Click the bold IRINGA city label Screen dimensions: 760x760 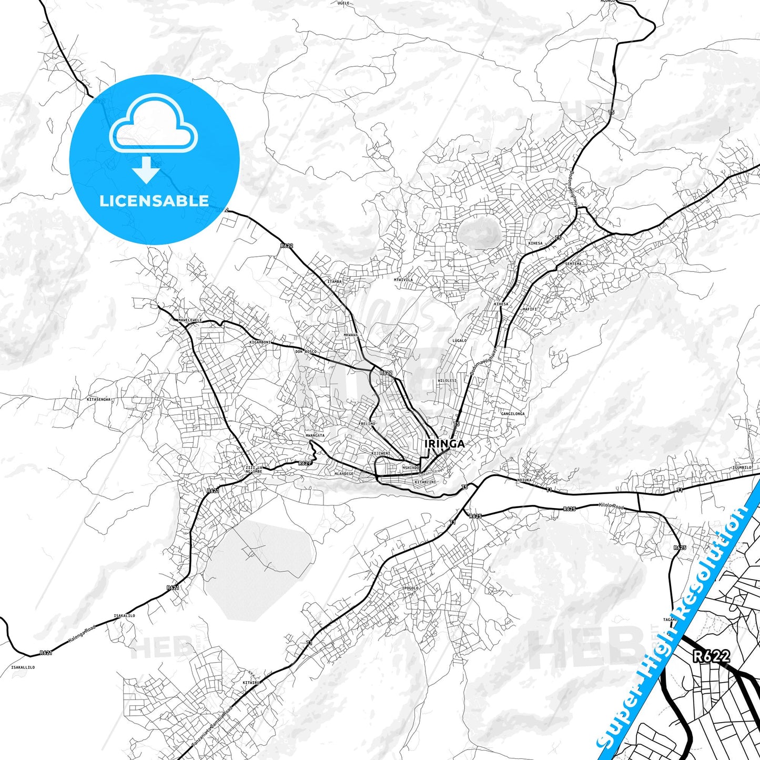click(444, 443)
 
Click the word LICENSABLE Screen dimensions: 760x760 click(154, 201)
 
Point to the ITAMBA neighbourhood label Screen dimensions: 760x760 click(335, 281)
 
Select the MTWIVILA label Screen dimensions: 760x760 click(403, 280)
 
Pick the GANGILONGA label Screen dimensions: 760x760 click(513, 414)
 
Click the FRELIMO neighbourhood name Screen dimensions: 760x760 click(367, 423)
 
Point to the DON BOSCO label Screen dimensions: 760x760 click(306, 351)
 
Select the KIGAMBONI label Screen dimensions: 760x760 click(260, 342)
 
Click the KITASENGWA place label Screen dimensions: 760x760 click(99, 400)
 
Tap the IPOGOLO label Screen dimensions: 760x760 click(410, 588)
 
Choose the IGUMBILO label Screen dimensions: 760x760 click(742, 467)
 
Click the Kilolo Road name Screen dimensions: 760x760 click(611, 506)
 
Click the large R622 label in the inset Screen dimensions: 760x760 click(712, 656)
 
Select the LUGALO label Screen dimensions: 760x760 click(459, 341)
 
